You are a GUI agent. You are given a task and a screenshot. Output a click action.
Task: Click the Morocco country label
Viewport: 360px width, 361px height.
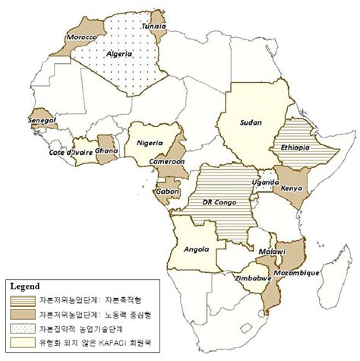coord(81,38)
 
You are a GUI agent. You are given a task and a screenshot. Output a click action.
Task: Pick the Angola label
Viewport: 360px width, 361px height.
coord(192,249)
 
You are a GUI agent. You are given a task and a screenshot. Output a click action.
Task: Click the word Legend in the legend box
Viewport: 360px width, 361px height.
coord(26,287)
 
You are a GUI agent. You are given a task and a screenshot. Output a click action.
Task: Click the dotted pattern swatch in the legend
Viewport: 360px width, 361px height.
coord(25,328)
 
